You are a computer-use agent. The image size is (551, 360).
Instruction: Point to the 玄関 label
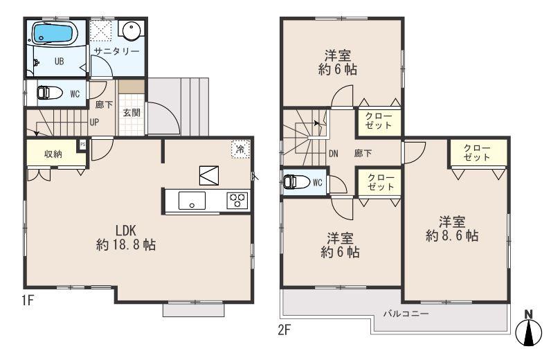[x=132, y=113]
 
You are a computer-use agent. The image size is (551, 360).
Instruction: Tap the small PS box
[x=82, y=144]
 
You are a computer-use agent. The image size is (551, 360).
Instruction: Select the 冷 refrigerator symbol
[x=240, y=149]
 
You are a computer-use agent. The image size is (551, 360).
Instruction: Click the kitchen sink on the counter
[x=191, y=201]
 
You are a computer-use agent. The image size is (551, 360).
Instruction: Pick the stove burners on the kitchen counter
[x=237, y=201]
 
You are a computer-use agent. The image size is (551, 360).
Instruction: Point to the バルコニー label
[x=406, y=314]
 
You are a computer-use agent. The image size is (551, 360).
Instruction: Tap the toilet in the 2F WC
[x=294, y=183]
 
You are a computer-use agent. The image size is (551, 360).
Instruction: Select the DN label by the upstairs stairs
[x=333, y=153]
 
